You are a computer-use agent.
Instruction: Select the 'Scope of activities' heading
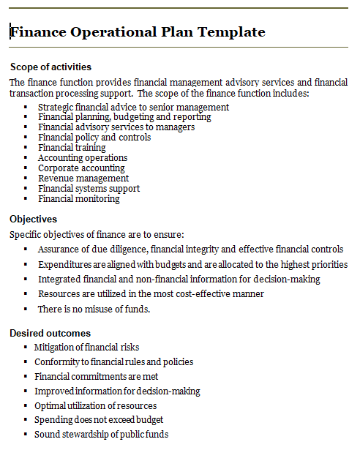[x=50, y=67]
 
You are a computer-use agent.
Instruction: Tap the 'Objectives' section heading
[x=33, y=219]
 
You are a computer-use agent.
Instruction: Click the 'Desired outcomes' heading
[x=50, y=334]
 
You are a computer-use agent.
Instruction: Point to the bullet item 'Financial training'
[x=72, y=148]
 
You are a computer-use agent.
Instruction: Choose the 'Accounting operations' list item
[x=83, y=158]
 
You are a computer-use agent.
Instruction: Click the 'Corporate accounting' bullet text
[x=82, y=168]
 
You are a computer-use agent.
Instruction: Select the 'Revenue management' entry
[x=83, y=179]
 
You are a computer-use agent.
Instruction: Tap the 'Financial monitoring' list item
[x=79, y=199]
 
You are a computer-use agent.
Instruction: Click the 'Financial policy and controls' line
[x=94, y=138]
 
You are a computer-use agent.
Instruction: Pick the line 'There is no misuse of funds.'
[x=94, y=310]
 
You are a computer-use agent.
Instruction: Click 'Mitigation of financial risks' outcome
[x=86, y=348]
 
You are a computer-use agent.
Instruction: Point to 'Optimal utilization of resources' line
[x=95, y=405]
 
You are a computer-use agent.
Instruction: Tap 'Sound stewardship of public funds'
[x=101, y=435]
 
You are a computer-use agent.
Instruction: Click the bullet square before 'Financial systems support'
[x=26, y=189]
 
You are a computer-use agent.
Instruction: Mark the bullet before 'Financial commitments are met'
[x=26, y=377]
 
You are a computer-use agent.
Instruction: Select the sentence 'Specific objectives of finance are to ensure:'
[x=97, y=235]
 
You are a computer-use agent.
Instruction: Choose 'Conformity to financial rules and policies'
[x=113, y=362]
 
